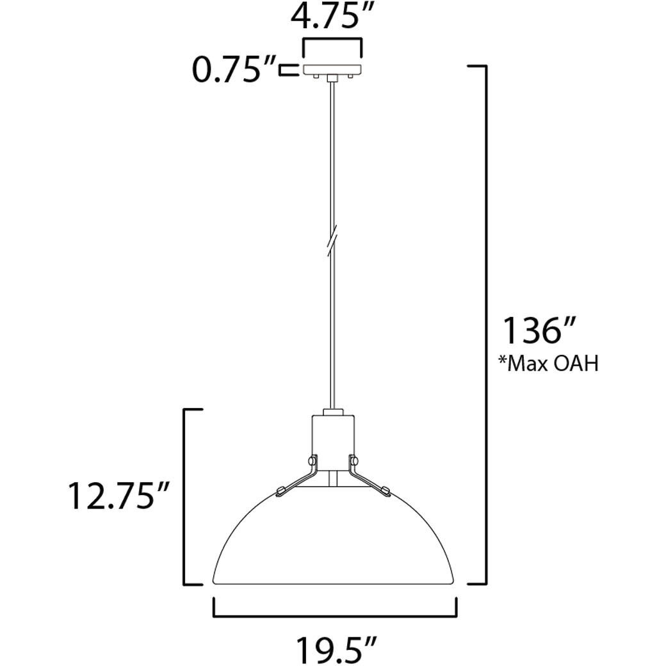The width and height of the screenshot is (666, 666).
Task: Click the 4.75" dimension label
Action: [332, 18]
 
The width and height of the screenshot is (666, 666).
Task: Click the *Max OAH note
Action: [548, 364]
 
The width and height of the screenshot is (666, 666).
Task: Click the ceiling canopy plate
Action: [332, 69]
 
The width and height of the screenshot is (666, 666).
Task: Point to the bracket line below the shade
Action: [334, 616]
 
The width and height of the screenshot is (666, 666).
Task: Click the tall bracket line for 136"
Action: [485, 325]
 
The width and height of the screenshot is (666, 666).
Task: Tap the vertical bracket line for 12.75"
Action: [185, 497]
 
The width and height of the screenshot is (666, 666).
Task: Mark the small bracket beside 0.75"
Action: [289, 70]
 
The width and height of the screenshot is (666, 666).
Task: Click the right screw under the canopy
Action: [351, 76]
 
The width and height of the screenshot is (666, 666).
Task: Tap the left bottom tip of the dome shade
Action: [214, 582]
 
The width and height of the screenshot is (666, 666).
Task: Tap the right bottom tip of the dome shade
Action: [455, 582]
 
